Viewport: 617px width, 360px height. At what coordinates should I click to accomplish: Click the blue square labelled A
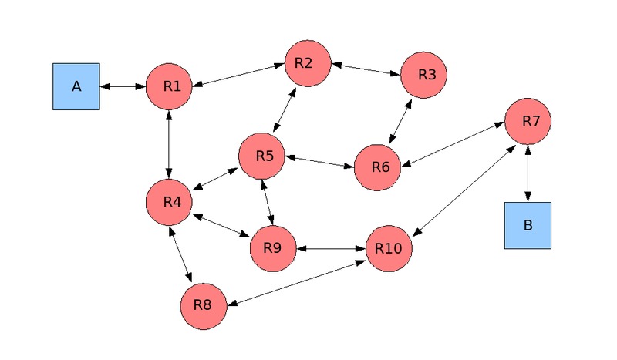coord(76,86)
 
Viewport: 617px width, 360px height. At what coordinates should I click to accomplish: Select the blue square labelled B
coord(528,225)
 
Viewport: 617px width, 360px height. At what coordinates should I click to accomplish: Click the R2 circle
coord(308,63)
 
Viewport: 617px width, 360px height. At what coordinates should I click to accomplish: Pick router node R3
coord(423,75)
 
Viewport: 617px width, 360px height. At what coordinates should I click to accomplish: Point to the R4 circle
coord(169,202)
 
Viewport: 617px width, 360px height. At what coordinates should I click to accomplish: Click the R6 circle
coord(377,167)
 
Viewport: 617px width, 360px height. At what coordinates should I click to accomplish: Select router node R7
coord(528,121)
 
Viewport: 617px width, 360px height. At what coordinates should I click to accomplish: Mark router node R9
coord(273,248)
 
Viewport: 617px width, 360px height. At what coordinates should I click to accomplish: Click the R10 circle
coord(389,248)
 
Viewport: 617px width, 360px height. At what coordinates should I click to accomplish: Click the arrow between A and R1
coord(123,86)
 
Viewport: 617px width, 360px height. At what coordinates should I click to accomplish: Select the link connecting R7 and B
coord(528,173)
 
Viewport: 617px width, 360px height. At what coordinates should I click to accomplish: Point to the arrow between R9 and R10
coord(331,248)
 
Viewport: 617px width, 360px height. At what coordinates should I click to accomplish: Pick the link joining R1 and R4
coord(169,144)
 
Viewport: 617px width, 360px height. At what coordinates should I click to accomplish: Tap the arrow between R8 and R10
coord(296,281)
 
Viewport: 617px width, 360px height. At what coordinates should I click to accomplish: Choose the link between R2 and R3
coord(366,69)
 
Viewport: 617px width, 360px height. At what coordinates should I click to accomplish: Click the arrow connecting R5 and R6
coord(319,161)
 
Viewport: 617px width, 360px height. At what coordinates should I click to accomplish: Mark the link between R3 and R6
coord(400,121)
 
